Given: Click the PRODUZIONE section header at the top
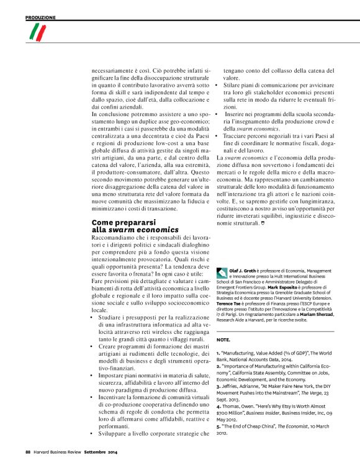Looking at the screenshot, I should point(40,17).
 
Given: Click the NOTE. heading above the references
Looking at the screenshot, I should point(223,341).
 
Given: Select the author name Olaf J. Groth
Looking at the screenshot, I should point(243,271).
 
